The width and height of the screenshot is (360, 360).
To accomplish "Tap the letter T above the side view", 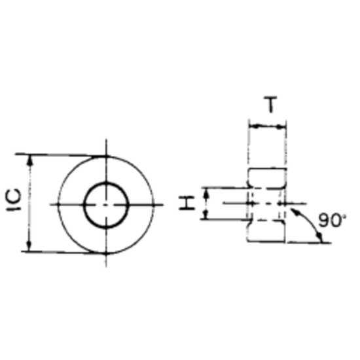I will tap(268, 105).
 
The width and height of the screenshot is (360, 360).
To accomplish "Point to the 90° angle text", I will tap(332, 221).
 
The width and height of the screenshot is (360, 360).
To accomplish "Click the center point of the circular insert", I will tap(106, 204).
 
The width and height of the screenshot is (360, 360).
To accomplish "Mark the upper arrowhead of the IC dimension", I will tap(29, 159).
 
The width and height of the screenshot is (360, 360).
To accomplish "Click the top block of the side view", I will tap(268, 178).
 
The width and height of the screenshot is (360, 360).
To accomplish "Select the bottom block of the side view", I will tap(268, 230).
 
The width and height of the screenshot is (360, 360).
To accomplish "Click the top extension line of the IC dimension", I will tap(65, 155).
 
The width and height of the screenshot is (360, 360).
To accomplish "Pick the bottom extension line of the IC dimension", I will tap(65, 251).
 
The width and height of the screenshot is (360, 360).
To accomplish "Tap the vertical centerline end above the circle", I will tap(106, 142).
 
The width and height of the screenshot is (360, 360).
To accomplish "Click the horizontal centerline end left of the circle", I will tap(54, 205).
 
